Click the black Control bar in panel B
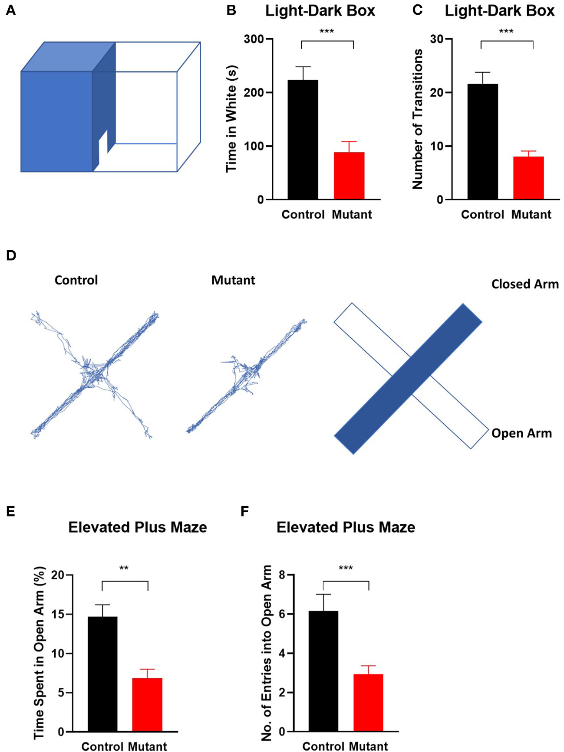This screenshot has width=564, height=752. tap(303, 140)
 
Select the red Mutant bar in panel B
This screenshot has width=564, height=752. tap(349, 176)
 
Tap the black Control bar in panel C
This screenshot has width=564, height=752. tap(482, 142)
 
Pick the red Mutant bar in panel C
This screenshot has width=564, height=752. tap(528, 178)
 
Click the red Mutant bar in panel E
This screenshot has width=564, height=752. tap(147, 705)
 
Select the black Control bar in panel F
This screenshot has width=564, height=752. tap(323, 671)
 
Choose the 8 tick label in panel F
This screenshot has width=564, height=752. tap(282, 575)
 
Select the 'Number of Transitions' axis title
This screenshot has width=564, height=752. tap(418, 119)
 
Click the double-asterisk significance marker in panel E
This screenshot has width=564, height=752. tap(124, 569)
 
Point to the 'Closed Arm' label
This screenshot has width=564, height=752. tap(525, 284)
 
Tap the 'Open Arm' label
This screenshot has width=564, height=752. tap(521, 433)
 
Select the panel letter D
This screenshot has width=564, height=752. tap(11, 255)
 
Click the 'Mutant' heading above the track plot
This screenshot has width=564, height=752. tap(233, 280)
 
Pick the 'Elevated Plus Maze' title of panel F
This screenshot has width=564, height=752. tap(346, 527)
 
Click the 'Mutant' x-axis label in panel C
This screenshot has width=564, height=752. tap(531, 215)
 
